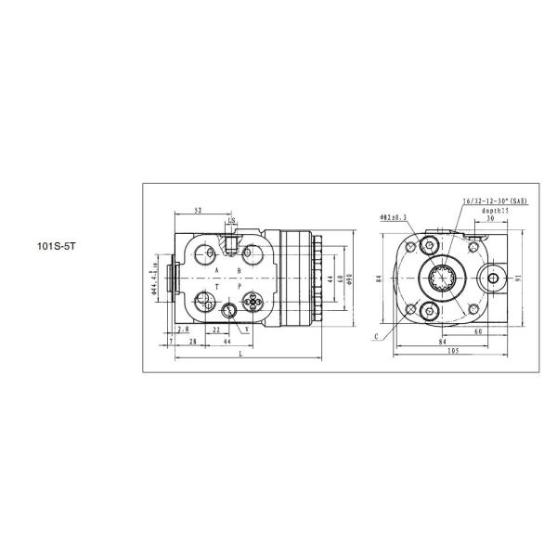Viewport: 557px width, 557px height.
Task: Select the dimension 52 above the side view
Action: (x=199, y=211)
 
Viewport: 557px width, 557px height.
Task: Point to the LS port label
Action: (x=231, y=221)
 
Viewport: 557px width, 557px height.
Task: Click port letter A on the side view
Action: (x=216, y=270)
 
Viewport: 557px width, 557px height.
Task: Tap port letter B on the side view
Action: (x=239, y=270)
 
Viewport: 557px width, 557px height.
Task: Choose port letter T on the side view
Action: (x=217, y=289)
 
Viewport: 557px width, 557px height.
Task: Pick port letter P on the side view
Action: (x=240, y=289)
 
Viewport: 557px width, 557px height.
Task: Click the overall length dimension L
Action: (x=240, y=356)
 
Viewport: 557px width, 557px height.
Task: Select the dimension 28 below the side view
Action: (x=192, y=343)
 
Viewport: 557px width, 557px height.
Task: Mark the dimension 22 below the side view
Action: (x=215, y=330)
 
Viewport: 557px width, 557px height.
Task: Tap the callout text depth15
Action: (x=494, y=211)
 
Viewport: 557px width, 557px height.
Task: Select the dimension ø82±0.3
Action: (x=394, y=216)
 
